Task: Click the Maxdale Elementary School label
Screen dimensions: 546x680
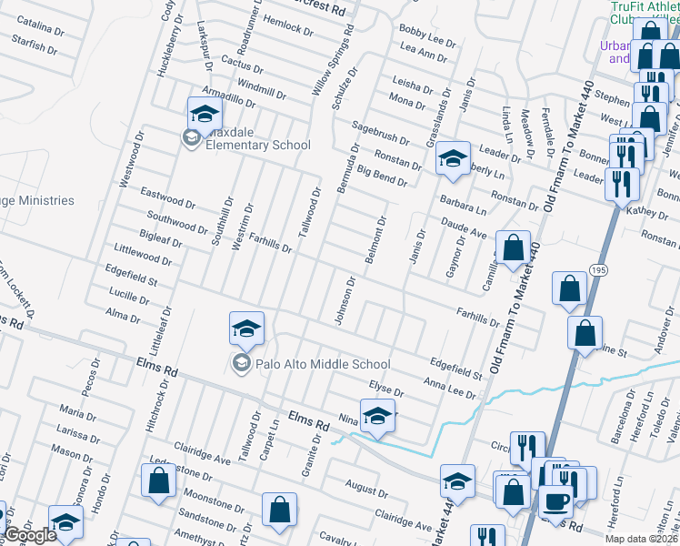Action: pyautogui.click(x=258, y=145)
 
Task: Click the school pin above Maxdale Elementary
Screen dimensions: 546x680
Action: pyautogui.click(x=205, y=116)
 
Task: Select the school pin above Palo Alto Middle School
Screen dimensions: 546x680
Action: pyautogui.click(x=246, y=330)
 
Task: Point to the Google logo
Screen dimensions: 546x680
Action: pyautogui.click(x=30, y=535)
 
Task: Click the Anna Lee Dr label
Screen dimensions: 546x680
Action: pyautogui.click(x=450, y=388)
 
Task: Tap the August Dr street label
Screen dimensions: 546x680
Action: pyautogui.click(x=367, y=491)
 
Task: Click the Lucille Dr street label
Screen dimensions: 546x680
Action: pyautogui.click(x=128, y=298)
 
